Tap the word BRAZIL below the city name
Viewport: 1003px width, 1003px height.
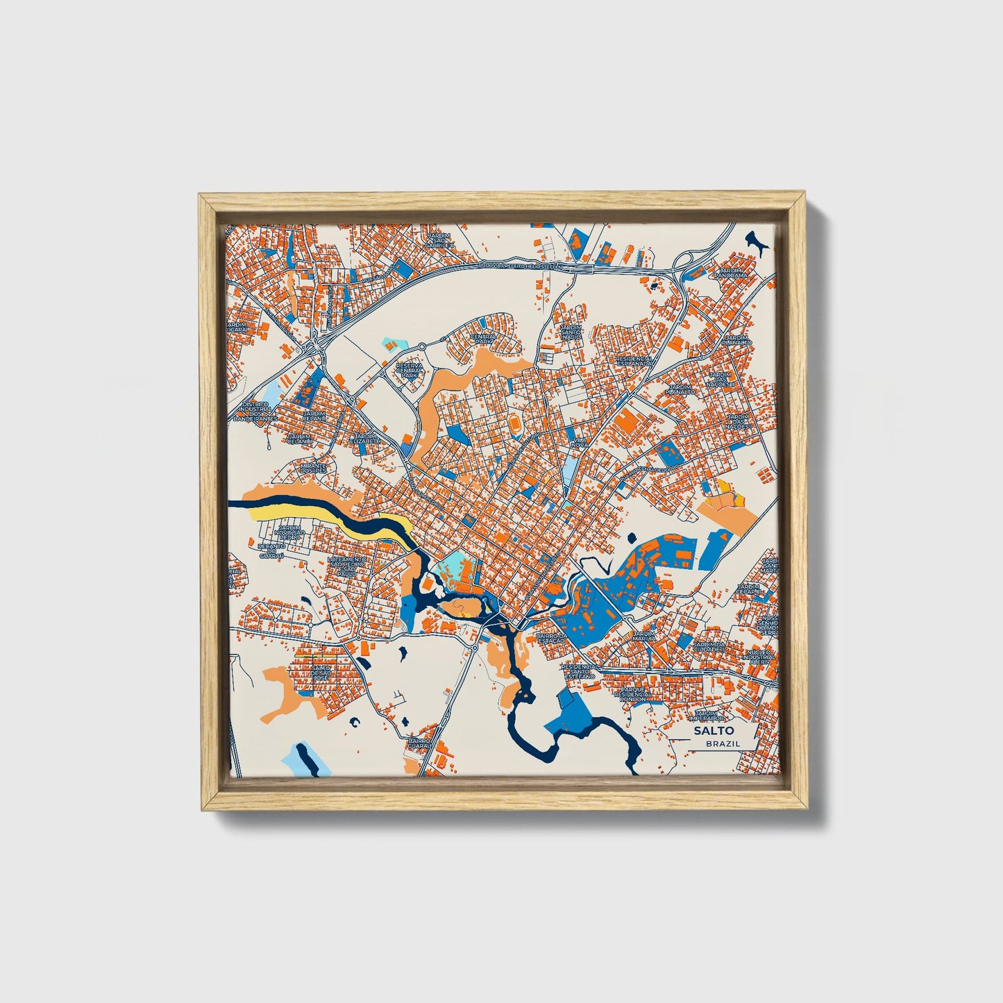point(722,743)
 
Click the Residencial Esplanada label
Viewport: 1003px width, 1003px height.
point(634,361)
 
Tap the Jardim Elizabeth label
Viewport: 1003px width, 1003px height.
point(364,439)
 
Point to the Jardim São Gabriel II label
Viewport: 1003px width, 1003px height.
point(439,240)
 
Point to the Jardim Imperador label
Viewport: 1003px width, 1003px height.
point(710,716)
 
